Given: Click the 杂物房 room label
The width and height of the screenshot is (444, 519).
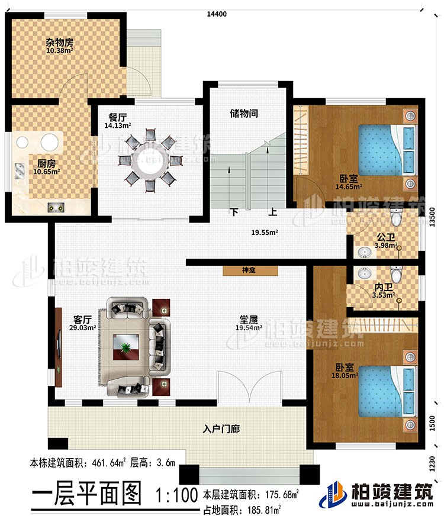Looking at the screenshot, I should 59,43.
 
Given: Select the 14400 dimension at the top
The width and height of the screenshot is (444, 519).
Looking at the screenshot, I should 216,13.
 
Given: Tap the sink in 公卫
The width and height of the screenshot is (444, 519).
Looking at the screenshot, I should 366,253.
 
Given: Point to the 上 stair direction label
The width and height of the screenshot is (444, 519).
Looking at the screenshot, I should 272,211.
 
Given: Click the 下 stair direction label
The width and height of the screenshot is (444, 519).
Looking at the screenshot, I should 234,211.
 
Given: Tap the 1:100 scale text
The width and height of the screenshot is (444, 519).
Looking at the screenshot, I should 175,493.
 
